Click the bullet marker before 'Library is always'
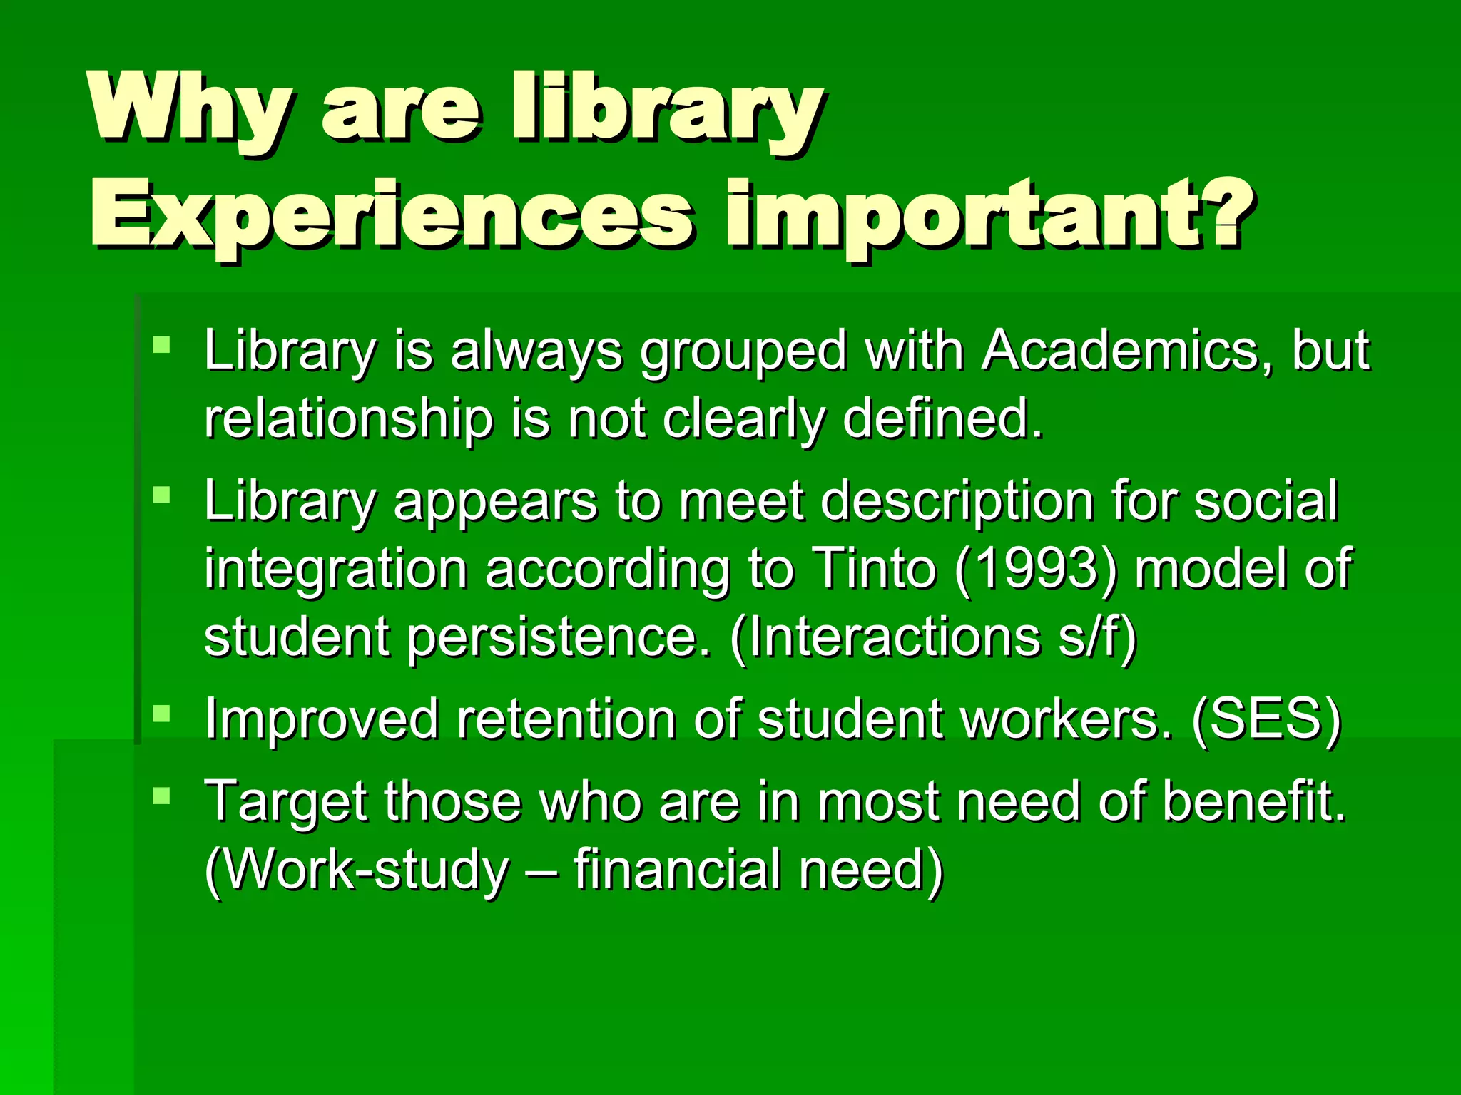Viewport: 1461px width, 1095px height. click(x=162, y=346)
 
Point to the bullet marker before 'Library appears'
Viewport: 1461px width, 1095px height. click(x=162, y=495)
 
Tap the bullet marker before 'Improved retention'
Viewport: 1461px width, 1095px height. click(x=162, y=713)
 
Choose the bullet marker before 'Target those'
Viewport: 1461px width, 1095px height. click(x=162, y=796)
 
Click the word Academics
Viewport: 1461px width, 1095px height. click(x=1128, y=351)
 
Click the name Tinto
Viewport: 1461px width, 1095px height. click(x=874, y=568)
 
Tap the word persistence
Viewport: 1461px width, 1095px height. click(x=559, y=637)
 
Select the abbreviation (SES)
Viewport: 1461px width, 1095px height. click(x=1267, y=719)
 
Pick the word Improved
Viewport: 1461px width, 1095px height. click(x=322, y=719)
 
